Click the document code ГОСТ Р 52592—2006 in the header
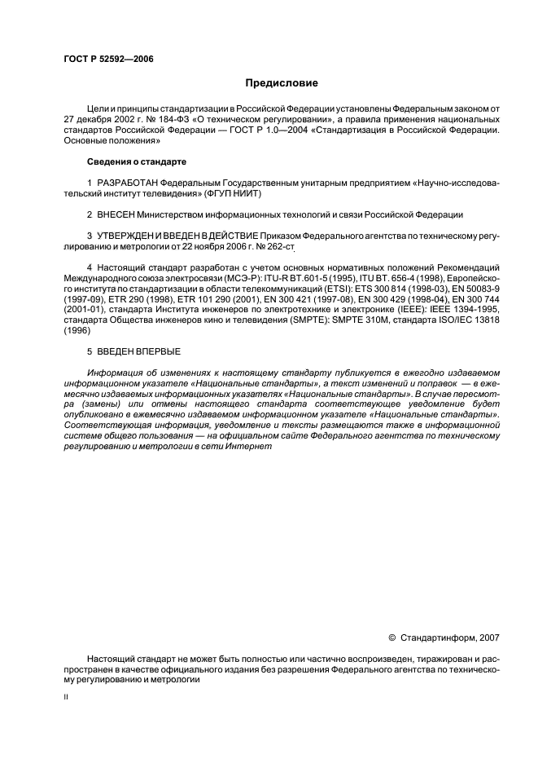pos(107,60)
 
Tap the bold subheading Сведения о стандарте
pos(132,162)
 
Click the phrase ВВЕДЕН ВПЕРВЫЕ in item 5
pos(138,351)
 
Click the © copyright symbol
pos(393,637)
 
